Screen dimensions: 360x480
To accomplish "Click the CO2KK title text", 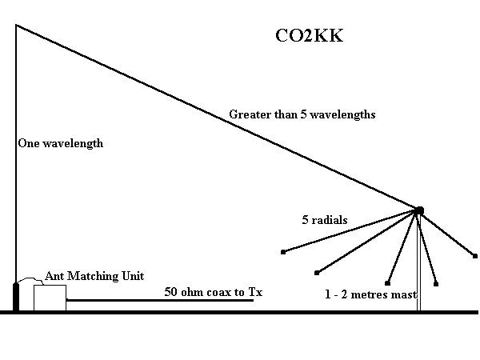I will click(x=308, y=36).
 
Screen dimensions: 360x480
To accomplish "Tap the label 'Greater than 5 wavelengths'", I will click(x=302, y=114).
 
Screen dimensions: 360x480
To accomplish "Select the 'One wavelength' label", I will click(x=61, y=144).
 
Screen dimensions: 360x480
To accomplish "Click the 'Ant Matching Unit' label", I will click(x=94, y=276).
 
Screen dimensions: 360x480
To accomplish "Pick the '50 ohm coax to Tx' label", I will click(x=213, y=292).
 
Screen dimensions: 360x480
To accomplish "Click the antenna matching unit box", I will click(x=50, y=297).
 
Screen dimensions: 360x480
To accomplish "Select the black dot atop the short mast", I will click(x=418, y=210).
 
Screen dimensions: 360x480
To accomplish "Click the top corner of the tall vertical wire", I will click(x=16, y=26).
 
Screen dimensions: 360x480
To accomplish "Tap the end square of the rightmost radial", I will click(x=475, y=256).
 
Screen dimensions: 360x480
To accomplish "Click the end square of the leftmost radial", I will click(x=283, y=252).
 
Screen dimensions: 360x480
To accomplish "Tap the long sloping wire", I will click(x=216, y=117).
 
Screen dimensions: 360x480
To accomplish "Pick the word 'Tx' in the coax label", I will click(x=255, y=292).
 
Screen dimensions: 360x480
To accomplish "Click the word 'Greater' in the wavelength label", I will click(x=247, y=114).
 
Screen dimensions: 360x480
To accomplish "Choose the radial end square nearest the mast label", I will click(x=388, y=282).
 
